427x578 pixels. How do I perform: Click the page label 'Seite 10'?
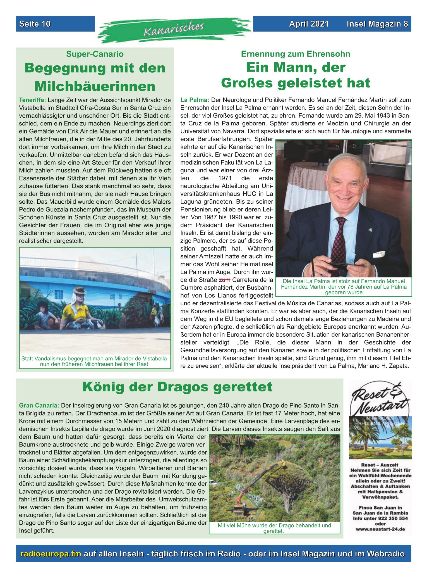tap(35, 24)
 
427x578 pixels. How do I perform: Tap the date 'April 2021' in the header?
tap(309, 24)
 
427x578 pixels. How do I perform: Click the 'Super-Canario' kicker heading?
tap(95, 54)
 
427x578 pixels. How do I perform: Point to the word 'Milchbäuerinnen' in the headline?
tap(95, 86)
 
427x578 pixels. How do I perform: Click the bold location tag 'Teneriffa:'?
tap(33, 100)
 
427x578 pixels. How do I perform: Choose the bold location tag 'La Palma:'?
tap(195, 100)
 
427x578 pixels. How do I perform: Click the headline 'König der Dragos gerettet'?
tap(177, 387)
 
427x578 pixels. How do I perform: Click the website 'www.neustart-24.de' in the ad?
tap(380, 529)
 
